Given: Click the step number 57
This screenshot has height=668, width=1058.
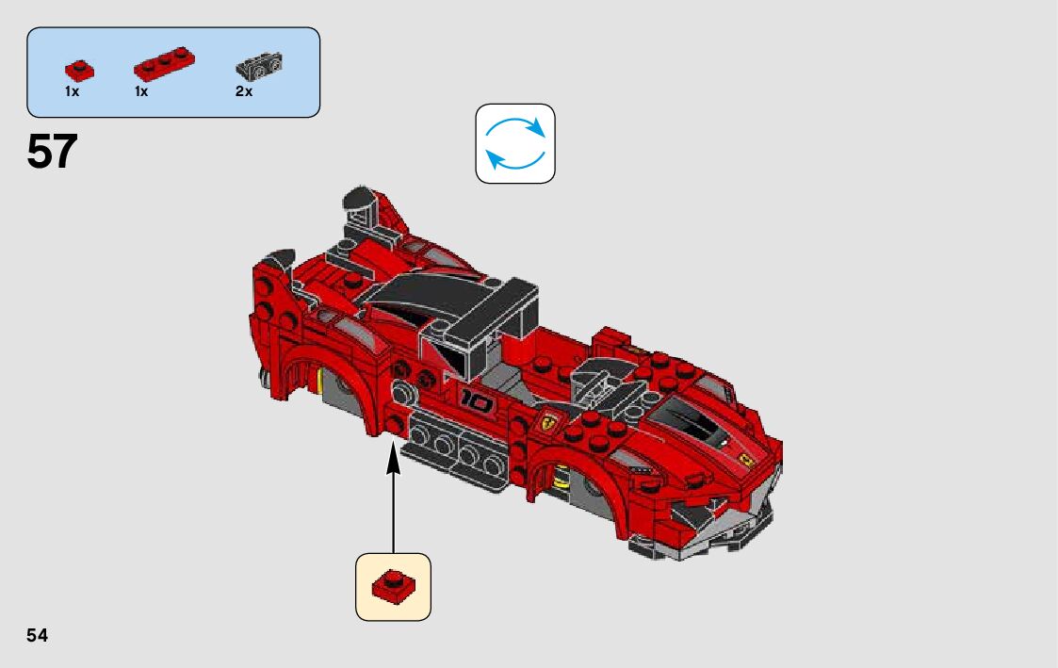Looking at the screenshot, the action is click(52, 152).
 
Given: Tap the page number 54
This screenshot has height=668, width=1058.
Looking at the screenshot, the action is click(38, 636).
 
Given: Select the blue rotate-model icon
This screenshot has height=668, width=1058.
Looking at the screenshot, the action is click(515, 143).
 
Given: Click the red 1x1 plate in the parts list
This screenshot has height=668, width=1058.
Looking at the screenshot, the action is click(80, 69).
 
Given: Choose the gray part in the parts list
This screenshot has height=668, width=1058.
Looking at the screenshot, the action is click(259, 67).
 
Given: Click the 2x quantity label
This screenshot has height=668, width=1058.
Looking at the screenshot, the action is click(244, 92).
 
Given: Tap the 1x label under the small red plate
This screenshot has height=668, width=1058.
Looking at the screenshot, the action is click(72, 92).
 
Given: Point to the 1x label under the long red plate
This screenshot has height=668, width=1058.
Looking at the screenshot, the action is click(141, 92).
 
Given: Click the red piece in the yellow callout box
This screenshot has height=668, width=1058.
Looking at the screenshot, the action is click(393, 585).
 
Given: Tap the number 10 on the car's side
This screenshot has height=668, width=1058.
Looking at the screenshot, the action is click(477, 402).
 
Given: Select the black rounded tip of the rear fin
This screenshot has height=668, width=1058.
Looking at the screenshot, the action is click(358, 198).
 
